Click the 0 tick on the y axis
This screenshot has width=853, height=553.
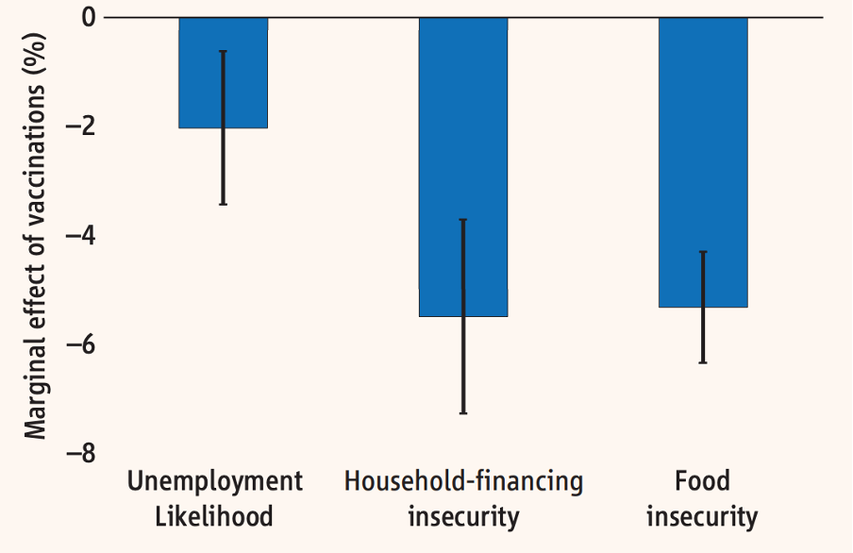click(x=89, y=17)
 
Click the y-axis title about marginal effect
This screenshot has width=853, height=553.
click(x=36, y=237)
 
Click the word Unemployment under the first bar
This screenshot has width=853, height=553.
click(x=215, y=481)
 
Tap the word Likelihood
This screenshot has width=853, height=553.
click(x=214, y=516)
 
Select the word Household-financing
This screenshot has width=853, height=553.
click(x=463, y=482)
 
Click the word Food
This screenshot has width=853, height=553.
click(x=702, y=481)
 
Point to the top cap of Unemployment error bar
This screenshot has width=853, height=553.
click(x=223, y=51)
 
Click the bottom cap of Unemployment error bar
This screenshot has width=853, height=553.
click(x=223, y=204)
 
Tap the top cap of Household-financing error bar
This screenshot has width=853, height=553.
click(x=463, y=220)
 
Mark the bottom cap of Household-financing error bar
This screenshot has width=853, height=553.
click(x=463, y=413)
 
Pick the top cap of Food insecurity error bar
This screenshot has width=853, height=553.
click(x=703, y=252)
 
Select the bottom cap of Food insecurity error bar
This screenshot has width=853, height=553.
click(x=703, y=362)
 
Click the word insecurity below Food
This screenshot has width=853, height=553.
click(x=702, y=517)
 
